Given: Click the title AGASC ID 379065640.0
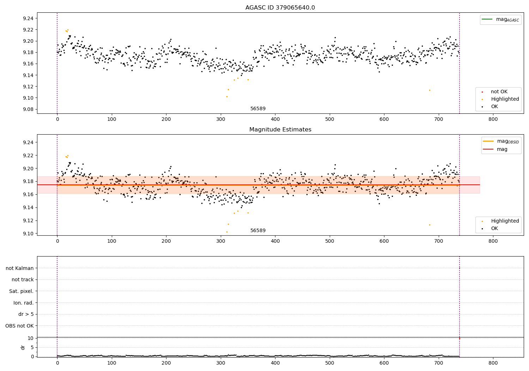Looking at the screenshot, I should click(x=280, y=8).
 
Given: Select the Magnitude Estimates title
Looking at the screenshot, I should click(x=280, y=130).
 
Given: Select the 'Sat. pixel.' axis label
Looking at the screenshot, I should click(x=21, y=291).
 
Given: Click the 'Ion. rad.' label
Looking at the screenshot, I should click(x=23, y=303).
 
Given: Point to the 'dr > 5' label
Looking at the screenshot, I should click(x=26, y=314).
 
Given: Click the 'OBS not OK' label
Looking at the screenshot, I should click(x=19, y=326).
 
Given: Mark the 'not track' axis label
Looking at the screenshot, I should click(x=23, y=279).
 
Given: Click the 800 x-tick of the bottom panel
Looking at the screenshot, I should click(x=493, y=363).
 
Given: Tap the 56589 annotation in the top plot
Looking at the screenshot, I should click(x=258, y=109).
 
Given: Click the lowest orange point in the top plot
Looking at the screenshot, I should click(x=227, y=96).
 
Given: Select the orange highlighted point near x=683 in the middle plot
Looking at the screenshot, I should click(x=430, y=225).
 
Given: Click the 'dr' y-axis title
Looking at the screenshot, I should click(x=23, y=347).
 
